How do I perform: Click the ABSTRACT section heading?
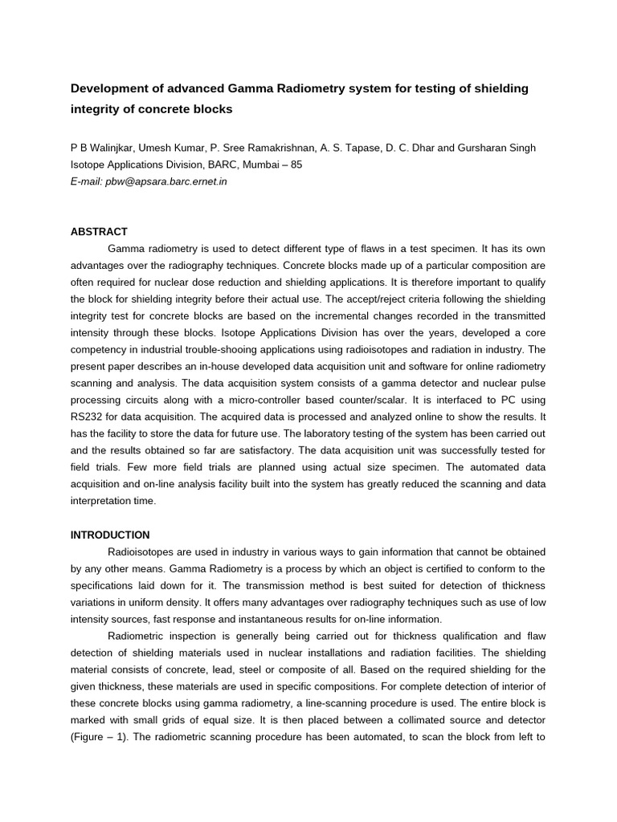100,231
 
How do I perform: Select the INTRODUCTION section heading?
110,535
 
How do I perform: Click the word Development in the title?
108,88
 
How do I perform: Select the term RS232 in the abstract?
88,417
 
